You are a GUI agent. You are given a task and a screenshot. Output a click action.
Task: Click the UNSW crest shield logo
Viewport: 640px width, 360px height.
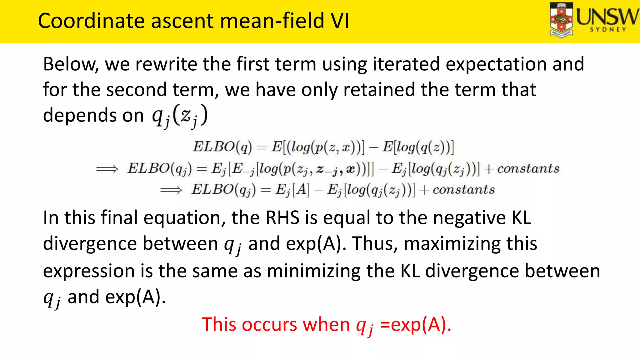click(x=561, y=20)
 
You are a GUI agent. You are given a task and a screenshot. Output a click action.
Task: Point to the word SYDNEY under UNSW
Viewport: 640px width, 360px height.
click(x=608, y=30)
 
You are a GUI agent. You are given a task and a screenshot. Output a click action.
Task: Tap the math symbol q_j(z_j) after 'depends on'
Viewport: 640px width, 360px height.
click(x=180, y=116)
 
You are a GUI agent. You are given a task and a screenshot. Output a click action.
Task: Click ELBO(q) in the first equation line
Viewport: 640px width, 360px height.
click(x=222, y=147)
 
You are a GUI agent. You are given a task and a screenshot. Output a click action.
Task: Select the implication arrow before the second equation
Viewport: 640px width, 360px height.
click(x=107, y=169)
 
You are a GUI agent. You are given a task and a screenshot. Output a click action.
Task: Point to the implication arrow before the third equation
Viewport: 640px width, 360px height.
click(x=171, y=190)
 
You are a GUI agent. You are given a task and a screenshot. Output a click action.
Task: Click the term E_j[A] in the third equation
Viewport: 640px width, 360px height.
click(x=292, y=190)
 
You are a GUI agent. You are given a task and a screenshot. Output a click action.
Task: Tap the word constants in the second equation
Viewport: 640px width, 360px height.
click(x=528, y=169)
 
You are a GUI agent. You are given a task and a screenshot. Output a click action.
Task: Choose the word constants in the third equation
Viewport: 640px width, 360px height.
click(x=464, y=190)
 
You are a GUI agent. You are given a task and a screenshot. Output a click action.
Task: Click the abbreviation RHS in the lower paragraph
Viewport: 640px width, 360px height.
click(x=282, y=218)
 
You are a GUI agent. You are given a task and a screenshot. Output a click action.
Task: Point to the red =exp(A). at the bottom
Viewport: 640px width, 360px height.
click(x=416, y=325)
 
